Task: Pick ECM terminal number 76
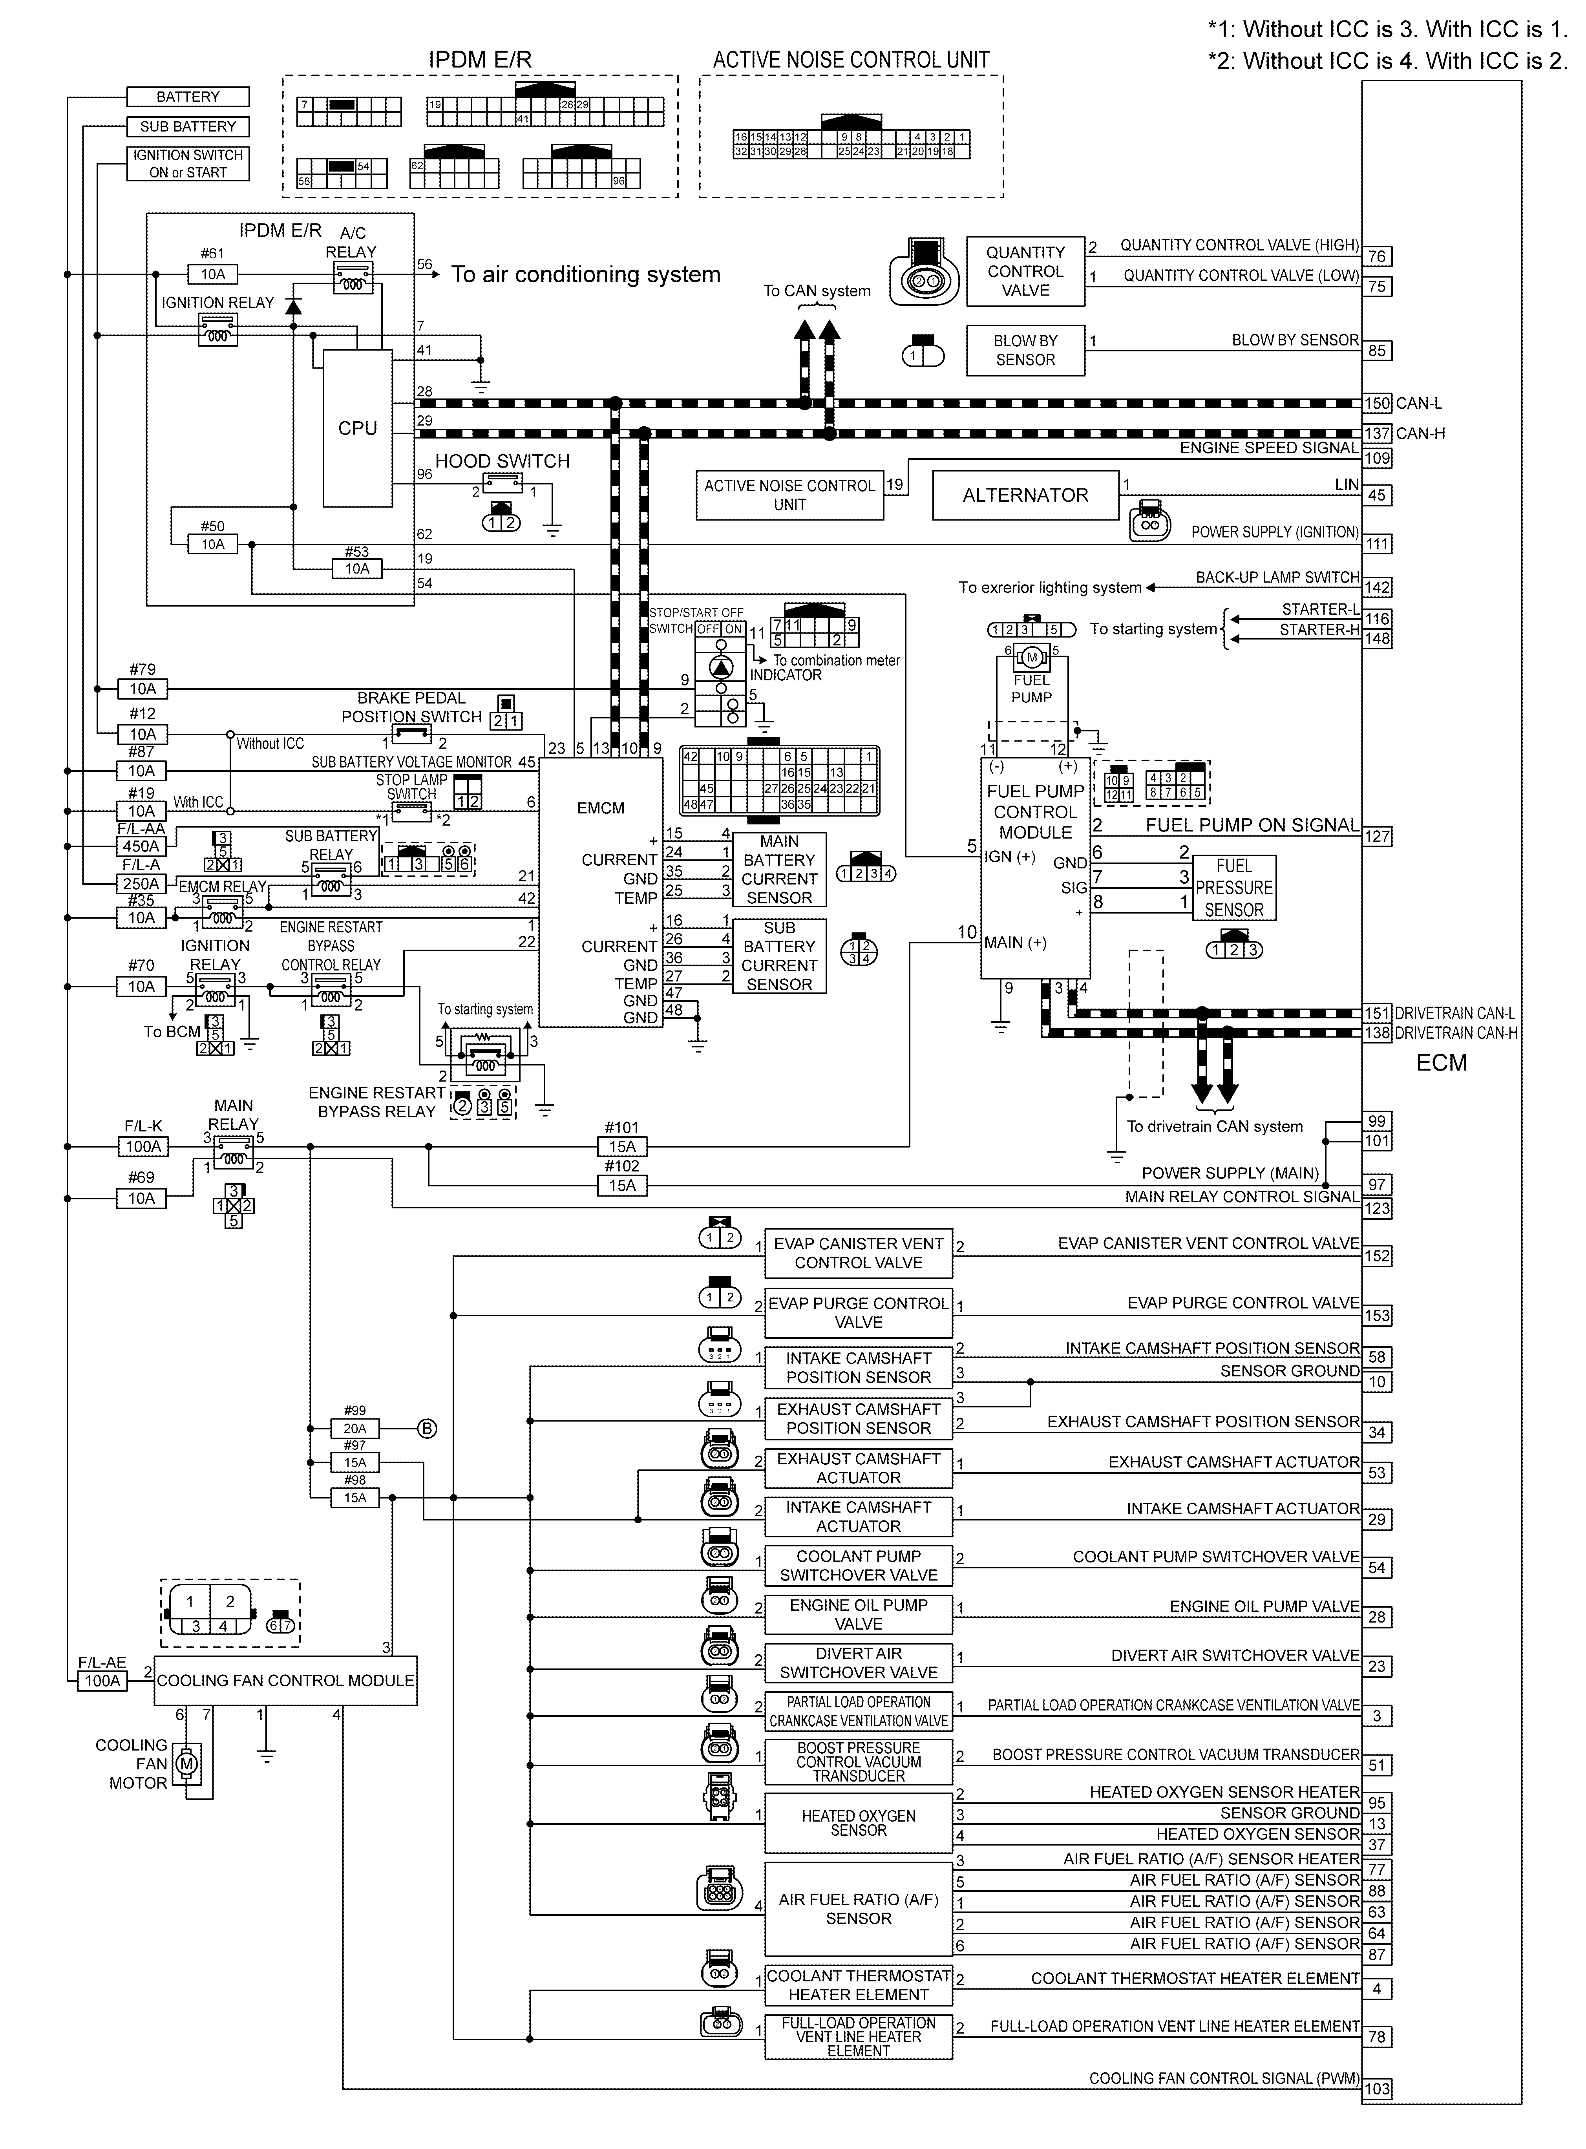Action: (x=1377, y=256)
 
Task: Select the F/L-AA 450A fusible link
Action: (x=141, y=846)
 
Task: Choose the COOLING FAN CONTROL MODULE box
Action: (x=285, y=1681)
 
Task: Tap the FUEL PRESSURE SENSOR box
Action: (x=1233, y=888)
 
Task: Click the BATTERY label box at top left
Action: (x=188, y=97)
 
